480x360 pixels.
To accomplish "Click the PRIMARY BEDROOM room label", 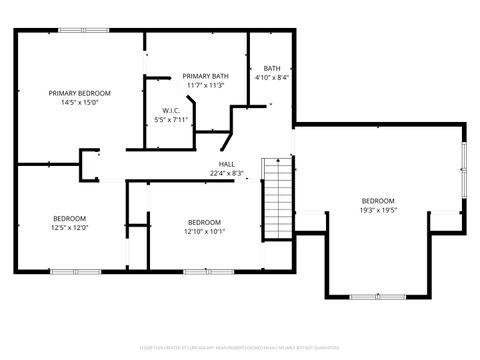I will coord(80,93).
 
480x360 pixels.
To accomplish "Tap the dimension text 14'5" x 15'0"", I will coord(80,102).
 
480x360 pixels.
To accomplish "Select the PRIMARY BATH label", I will coord(205,77).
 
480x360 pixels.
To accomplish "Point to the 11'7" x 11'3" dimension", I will coord(205,86).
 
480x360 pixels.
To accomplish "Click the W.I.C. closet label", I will coord(170,110).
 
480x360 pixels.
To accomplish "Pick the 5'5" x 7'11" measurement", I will coord(170,119).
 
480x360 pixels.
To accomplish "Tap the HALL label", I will coord(227,164).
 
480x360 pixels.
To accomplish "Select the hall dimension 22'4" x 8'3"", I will coord(227,173).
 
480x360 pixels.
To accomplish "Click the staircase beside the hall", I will coord(275,195).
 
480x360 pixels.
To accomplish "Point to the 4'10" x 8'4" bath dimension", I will coord(271,77).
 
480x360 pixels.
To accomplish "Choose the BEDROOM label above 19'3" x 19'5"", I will coord(378,200).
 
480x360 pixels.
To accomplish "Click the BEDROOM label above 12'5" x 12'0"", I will coord(70,218).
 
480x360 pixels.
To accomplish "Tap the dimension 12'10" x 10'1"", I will coord(204,231).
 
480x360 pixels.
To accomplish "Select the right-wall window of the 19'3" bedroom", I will coord(463,165).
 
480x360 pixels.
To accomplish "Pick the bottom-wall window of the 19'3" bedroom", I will coord(377,296).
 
